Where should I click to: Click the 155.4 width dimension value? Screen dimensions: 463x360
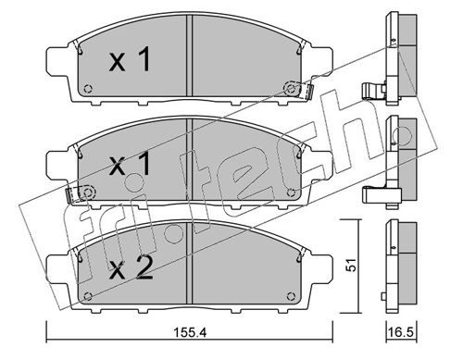pyautogui.click(x=190, y=333)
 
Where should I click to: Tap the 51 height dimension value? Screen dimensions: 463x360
pyautogui.click(x=351, y=266)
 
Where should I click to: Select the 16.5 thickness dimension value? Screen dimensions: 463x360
pyautogui.click(x=401, y=333)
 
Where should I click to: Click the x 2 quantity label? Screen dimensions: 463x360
pyautogui.click(x=131, y=268)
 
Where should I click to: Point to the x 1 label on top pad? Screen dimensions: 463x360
pyautogui.click(x=130, y=59)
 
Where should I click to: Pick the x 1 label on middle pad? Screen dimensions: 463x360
pyautogui.click(x=130, y=164)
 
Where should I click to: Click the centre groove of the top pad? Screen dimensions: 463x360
pyautogui.click(x=189, y=56)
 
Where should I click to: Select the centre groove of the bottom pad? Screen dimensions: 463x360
pyautogui.click(x=189, y=264)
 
